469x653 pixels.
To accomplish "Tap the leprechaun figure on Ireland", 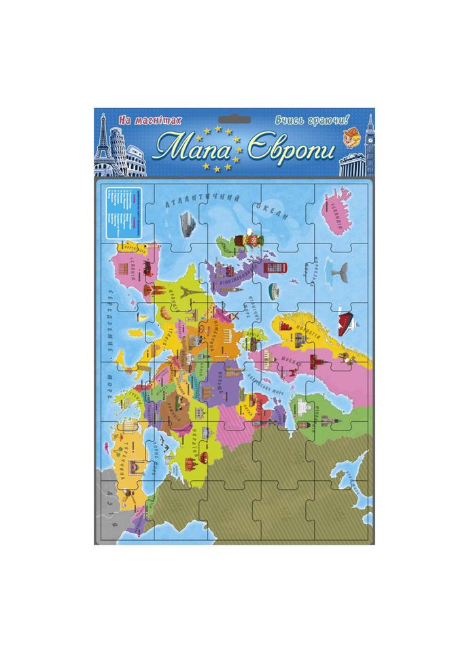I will point(243,240).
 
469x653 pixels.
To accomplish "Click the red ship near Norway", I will point(346,318).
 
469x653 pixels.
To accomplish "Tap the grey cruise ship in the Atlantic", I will point(186,221).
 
